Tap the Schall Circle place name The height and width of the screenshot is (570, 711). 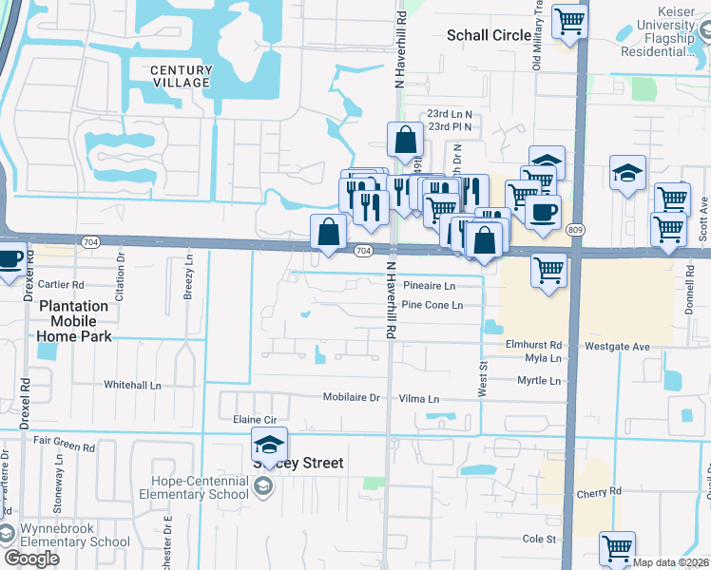click(490, 35)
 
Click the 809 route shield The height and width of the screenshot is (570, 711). click(574, 231)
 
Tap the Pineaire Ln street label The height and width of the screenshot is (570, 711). click(429, 285)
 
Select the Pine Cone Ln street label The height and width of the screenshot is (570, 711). click(432, 305)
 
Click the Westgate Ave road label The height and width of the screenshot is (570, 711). click(617, 347)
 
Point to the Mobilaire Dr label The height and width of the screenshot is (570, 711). click(351, 398)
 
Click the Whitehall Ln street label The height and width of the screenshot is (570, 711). click(133, 385)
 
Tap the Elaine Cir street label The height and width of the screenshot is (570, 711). click(254, 419)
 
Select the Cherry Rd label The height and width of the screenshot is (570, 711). click(598, 493)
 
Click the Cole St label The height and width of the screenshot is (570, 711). click(538, 539)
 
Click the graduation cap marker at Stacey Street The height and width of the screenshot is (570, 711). click(269, 443)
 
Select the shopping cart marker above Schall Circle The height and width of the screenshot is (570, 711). click(569, 18)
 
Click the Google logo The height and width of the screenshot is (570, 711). click(31, 559)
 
